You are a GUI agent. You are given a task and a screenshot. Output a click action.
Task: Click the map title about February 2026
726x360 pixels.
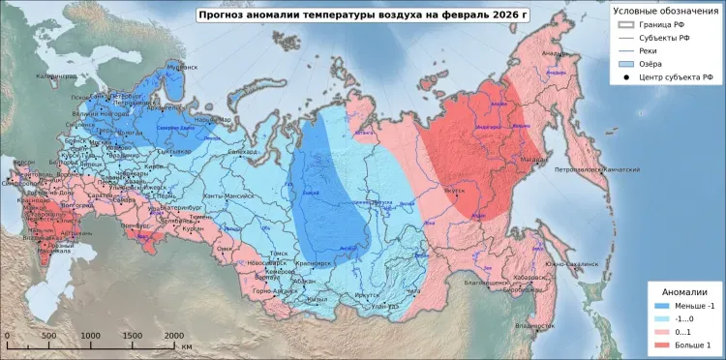point(362,15)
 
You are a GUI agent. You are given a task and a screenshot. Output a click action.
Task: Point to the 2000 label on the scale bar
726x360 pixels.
point(173,335)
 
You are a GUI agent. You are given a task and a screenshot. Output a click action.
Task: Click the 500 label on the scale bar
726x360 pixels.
point(48,335)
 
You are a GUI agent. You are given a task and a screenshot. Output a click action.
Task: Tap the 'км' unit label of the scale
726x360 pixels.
point(187,345)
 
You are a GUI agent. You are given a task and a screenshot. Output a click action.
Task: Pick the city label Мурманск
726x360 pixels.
point(181,67)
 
